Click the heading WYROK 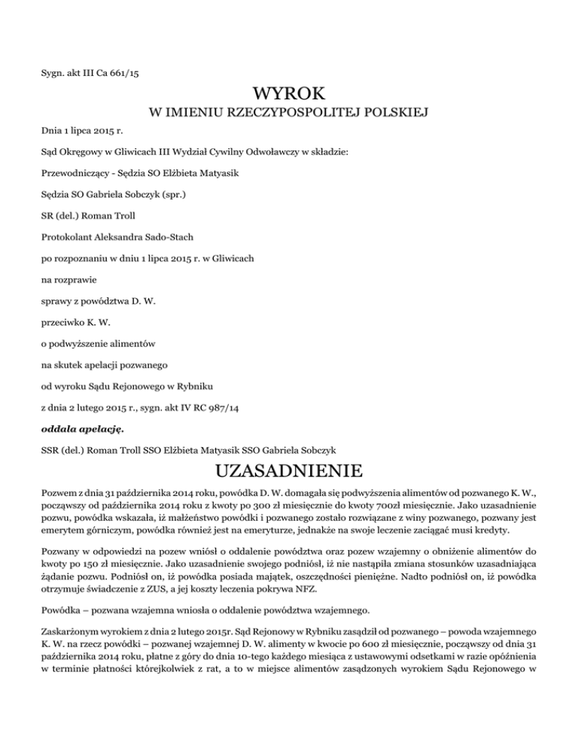[289, 94]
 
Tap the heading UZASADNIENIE [289, 473]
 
